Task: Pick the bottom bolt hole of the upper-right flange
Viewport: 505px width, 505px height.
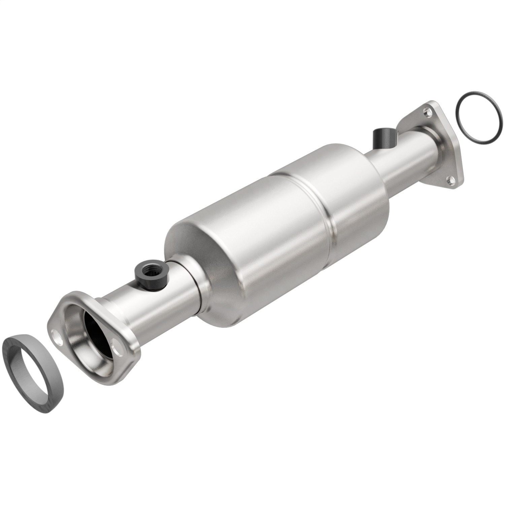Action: [x=449, y=179]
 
